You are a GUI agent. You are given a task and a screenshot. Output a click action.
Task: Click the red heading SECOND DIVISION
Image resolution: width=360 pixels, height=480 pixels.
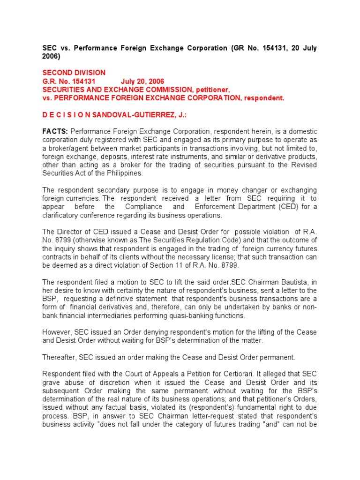(x=74, y=73)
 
